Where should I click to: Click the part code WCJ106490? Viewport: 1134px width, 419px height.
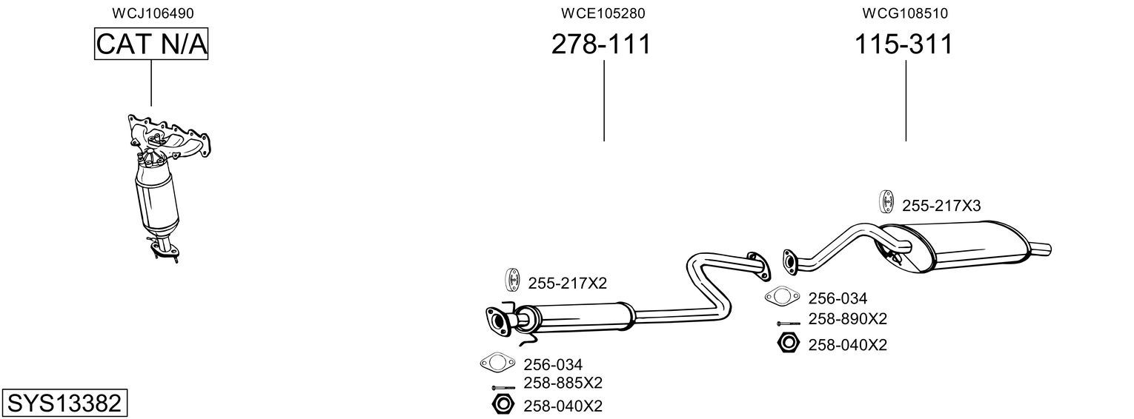pyautogui.click(x=153, y=13)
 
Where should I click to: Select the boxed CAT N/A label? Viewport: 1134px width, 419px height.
pyautogui.click(x=151, y=44)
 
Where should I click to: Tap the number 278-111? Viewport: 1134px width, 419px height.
pyautogui.click(x=601, y=44)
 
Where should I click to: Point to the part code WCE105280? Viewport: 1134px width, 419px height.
pyautogui.click(x=603, y=13)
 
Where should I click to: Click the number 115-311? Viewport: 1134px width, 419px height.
pyautogui.click(x=903, y=44)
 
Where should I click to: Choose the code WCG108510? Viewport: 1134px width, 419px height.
pyautogui.click(x=905, y=13)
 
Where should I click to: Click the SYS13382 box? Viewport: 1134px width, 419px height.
pyautogui.click(x=64, y=403)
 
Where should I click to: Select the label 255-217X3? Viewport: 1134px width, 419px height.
pyautogui.click(x=941, y=206)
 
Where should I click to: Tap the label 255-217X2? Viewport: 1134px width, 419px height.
pyautogui.click(x=567, y=283)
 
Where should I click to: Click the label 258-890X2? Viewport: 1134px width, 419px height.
pyautogui.click(x=847, y=319)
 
